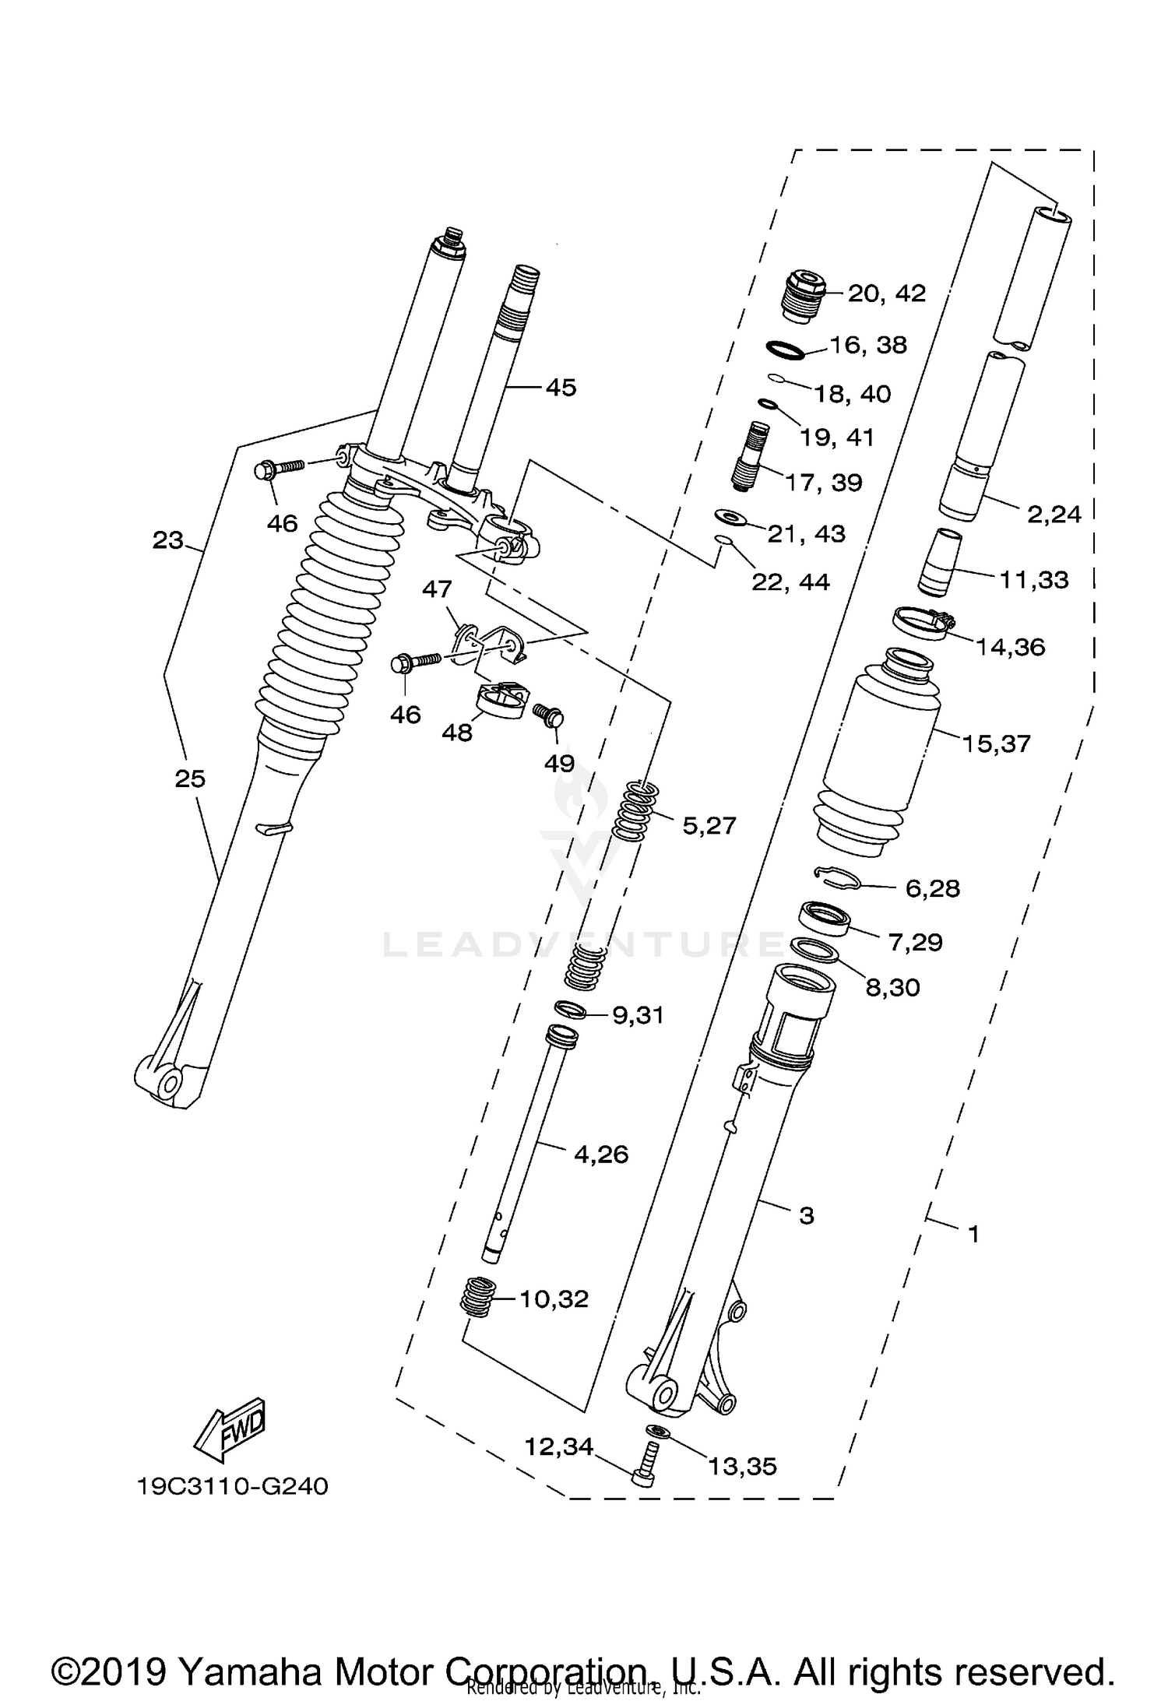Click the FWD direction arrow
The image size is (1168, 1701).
coord(230,1431)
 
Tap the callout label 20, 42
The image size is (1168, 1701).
coord(886,293)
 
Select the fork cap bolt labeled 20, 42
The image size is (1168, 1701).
coord(800,296)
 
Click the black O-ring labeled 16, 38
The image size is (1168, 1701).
coord(784,350)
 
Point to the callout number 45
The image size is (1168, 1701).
coord(561,387)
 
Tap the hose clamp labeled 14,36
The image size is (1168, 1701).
coord(923,624)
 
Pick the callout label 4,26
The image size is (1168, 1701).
coord(600,1154)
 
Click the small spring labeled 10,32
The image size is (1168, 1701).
coord(478,1298)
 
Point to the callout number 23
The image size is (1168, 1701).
coord(167,539)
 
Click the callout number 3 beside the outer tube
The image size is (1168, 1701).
coord(806,1215)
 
